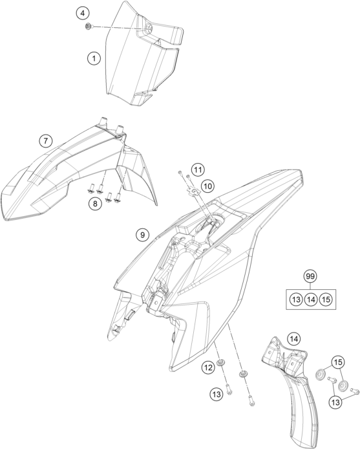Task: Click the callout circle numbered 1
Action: [94, 59]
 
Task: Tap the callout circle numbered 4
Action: [83, 13]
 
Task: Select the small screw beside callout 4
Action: [89, 27]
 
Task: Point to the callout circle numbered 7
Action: [46, 141]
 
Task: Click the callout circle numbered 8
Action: [95, 204]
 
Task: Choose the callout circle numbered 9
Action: [142, 235]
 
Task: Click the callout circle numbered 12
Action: [208, 367]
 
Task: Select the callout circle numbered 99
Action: [310, 276]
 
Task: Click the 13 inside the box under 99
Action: [296, 300]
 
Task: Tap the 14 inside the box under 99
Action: [311, 300]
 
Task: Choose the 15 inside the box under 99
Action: [326, 300]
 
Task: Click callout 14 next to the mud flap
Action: [294, 339]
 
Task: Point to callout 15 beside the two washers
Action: [338, 362]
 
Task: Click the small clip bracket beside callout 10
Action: [193, 190]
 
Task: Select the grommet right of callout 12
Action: [220, 362]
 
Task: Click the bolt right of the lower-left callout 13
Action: [229, 389]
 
